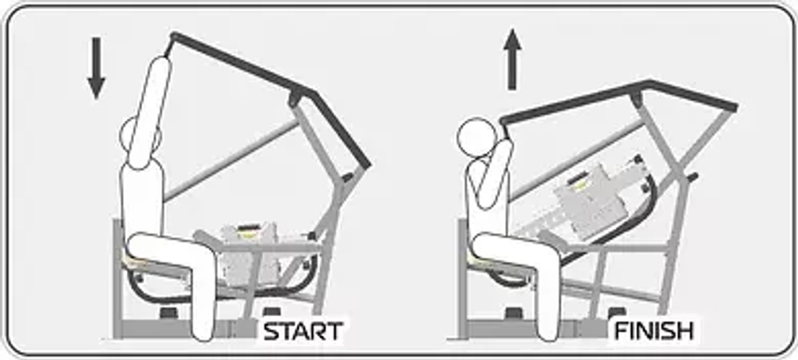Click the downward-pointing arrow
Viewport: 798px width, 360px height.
click(x=96, y=68)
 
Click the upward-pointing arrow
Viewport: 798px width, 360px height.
click(x=512, y=60)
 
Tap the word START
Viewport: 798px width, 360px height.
click(x=302, y=331)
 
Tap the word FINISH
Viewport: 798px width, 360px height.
click(x=654, y=331)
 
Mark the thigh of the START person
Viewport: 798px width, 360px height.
click(x=168, y=250)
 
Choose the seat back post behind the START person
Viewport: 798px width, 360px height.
click(x=117, y=279)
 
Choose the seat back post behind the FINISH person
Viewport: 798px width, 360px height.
click(x=463, y=279)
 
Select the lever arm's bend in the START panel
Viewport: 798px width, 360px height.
click(x=313, y=93)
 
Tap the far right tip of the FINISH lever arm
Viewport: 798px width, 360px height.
click(x=735, y=108)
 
